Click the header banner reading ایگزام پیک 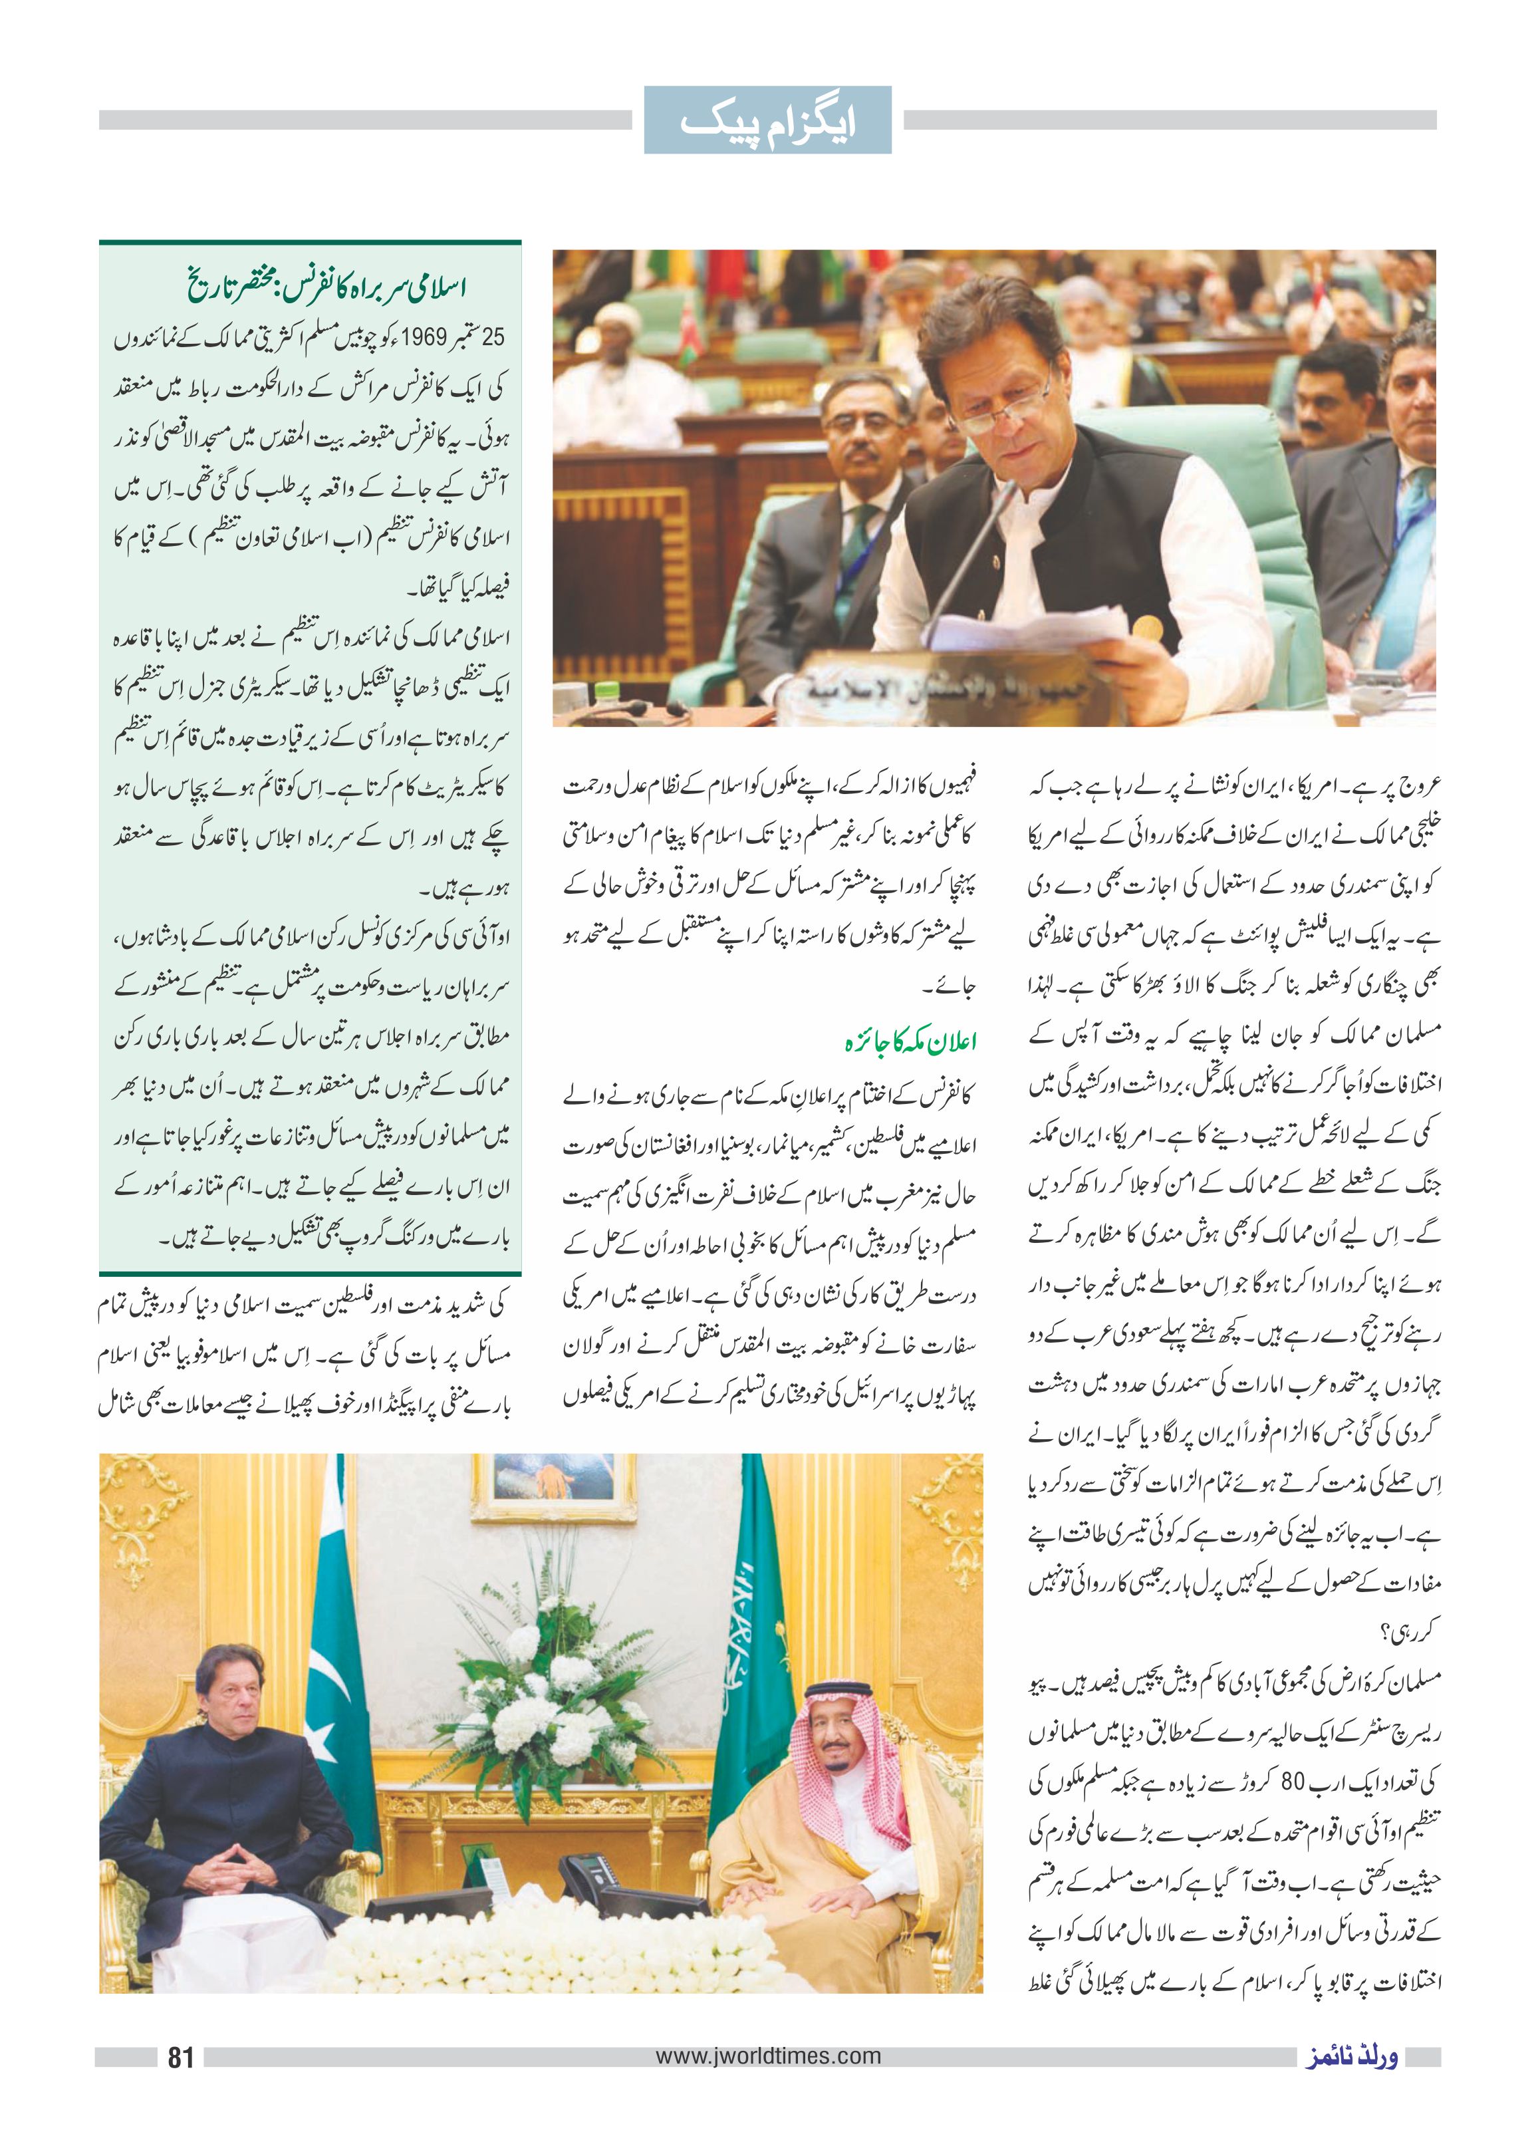click(767, 121)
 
